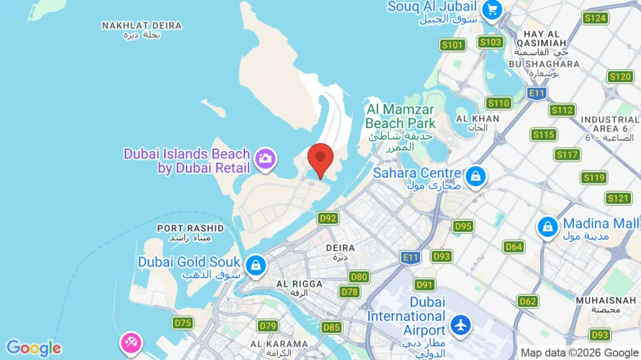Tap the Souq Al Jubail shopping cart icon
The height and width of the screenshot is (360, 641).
(x=493, y=9)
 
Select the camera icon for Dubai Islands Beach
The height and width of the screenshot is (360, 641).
(x=265, y=158)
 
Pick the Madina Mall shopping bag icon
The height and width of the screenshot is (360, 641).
(x=547, y=227)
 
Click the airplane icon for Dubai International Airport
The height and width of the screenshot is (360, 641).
(x=460, y=325)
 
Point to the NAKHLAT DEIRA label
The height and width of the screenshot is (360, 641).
(x=141, y=26)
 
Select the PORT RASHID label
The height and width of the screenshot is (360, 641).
(x=190, y=228)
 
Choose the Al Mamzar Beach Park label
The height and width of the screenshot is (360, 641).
(x=401, y=116)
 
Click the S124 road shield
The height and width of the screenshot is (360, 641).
(x=596, y=18)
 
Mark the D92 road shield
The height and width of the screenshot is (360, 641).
(x=328, y=218)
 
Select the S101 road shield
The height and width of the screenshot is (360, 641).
(x=452, y=45)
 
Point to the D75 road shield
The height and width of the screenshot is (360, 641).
(x=183, y=323)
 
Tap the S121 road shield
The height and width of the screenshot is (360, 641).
(x=618, y=198)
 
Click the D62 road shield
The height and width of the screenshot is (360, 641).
(x=528, y=301)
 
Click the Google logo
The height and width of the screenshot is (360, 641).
(x=33, y=348)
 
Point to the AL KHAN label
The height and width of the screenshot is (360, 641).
(x=488, y=118)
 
